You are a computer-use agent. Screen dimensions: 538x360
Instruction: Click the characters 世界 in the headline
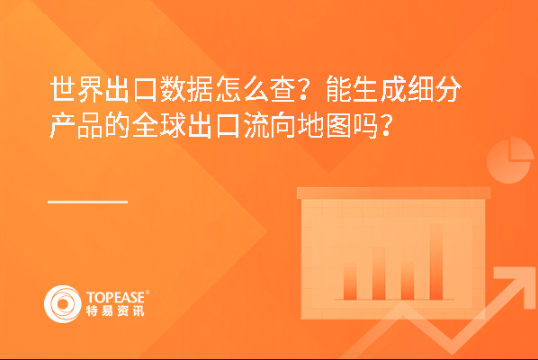click(76, 88)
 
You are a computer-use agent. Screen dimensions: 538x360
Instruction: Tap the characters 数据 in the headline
click(186, 88)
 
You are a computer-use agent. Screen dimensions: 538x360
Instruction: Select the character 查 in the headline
click(283, 88)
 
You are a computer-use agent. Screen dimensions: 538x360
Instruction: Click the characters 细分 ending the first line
click(435, 88)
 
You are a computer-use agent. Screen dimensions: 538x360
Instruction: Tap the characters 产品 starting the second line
click(76, 125)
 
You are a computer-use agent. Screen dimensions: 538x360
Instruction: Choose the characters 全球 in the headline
click(159, 125)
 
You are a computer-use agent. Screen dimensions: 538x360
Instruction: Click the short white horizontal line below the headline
click(88, 202)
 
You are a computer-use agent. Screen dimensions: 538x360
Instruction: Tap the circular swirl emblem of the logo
click(63, 304)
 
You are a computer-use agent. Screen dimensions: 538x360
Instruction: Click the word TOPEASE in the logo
click(116, 297)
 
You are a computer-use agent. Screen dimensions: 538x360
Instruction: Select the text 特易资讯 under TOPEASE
click(115, 310)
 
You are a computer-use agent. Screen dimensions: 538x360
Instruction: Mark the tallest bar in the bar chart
click(436, 262)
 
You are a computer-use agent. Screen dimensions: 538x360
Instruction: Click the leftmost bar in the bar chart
click(350, 282)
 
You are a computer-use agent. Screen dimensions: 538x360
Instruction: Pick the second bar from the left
click(379, 274)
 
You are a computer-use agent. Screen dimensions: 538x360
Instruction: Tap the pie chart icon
click(509, 159)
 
